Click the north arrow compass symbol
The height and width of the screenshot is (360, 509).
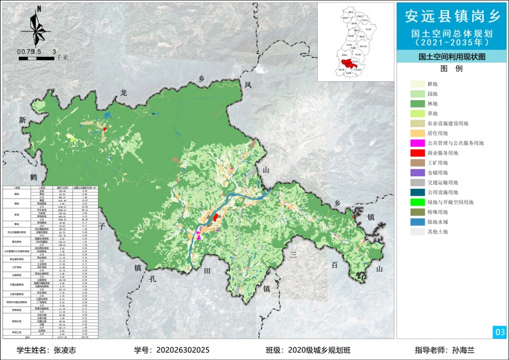pos(38,27)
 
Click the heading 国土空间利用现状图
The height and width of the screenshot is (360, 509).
pos(451,56)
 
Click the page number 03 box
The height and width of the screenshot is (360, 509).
pos(499,332)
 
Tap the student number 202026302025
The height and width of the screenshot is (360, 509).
pos(183,350)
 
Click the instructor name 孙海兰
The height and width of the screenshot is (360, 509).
pos(463,350)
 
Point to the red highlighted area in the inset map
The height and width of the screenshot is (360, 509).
pos(348,58)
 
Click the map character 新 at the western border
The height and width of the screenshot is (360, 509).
pos(23,121)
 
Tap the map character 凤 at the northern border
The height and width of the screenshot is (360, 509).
pos(248,85)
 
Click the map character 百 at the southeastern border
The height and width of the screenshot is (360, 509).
pos(334,265)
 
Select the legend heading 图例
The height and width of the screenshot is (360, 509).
pos(451,69)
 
